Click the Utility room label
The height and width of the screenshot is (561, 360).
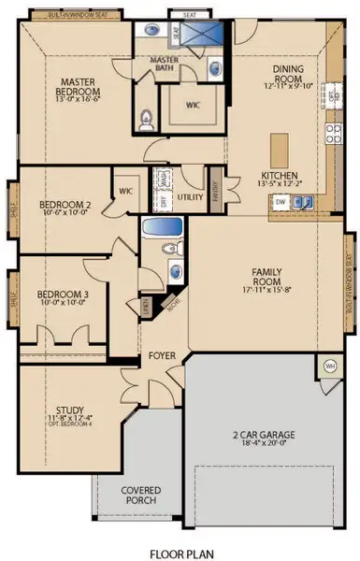pyautogui.click(x=190, y=197)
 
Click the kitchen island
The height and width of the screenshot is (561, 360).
pyautogui.click(x=280, y=148)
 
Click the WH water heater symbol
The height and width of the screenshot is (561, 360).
pyautogui.click(x=329, y=365)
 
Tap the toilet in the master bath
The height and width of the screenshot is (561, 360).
pyautogui.click(x=145, y=120)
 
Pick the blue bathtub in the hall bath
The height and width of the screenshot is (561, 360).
pyautogui.click(x=164, y=227)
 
